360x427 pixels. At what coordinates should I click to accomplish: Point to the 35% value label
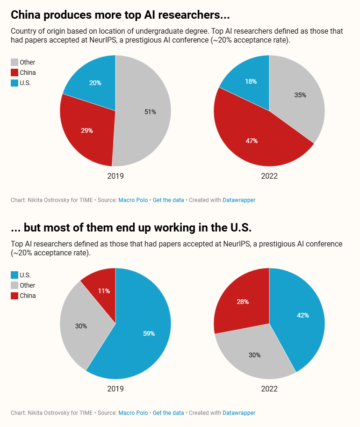click(x=300, y=95)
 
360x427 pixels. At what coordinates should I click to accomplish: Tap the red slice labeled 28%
click(x=243, y=302)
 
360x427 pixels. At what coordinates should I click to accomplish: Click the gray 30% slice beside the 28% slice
click(x=255, y=355)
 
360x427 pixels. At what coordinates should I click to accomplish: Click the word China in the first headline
click(x=26, y=15)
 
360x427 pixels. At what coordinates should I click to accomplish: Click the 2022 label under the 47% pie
click(x=269, y=176)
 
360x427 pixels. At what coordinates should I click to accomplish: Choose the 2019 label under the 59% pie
click(x=115, y=389)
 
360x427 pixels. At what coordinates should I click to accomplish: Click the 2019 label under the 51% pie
click(x=115, y=176)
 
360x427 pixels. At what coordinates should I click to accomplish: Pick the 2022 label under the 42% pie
click(x=269, y=389)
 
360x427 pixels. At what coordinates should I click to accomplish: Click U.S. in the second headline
click(x=238, y=228)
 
